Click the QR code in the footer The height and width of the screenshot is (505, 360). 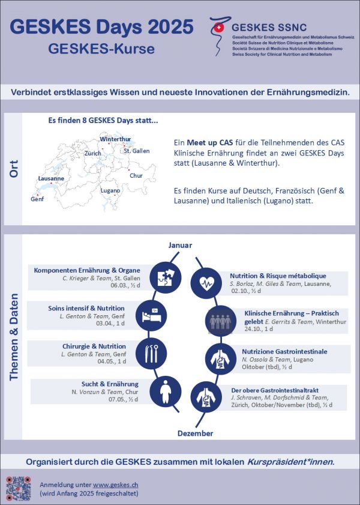point(19,488)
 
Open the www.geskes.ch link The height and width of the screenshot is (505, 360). point(116,484)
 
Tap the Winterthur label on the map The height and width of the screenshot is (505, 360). point(115,139)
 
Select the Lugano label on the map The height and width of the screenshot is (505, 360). point(110,190)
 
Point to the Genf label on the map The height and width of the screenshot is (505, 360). point(37,199)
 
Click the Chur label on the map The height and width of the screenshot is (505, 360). point(136,176)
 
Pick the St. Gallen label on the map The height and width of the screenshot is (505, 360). point(136,151)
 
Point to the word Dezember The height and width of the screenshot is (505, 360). point(195,433)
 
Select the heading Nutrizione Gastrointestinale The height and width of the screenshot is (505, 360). point(284,351)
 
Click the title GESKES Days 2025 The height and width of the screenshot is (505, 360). point(102,27)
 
